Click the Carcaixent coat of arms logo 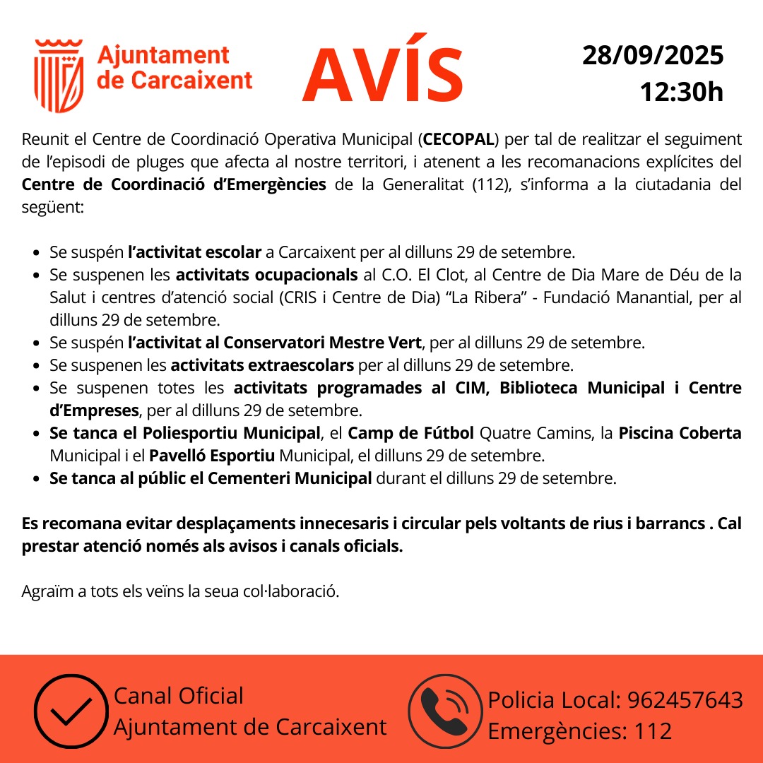[x=59, y=76]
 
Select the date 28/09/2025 [x=653, y=55]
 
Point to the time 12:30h [x=681, y=92]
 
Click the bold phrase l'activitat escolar [x=195, y=252]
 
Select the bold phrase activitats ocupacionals [x=266, y=274]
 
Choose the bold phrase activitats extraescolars [x=262, y=365]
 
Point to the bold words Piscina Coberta [x=680, y=433]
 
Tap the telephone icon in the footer [x=444, y=711]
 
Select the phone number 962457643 [x=685, y=700]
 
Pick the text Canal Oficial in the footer [x=179, y=696]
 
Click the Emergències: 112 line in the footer [x=580, y=731]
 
